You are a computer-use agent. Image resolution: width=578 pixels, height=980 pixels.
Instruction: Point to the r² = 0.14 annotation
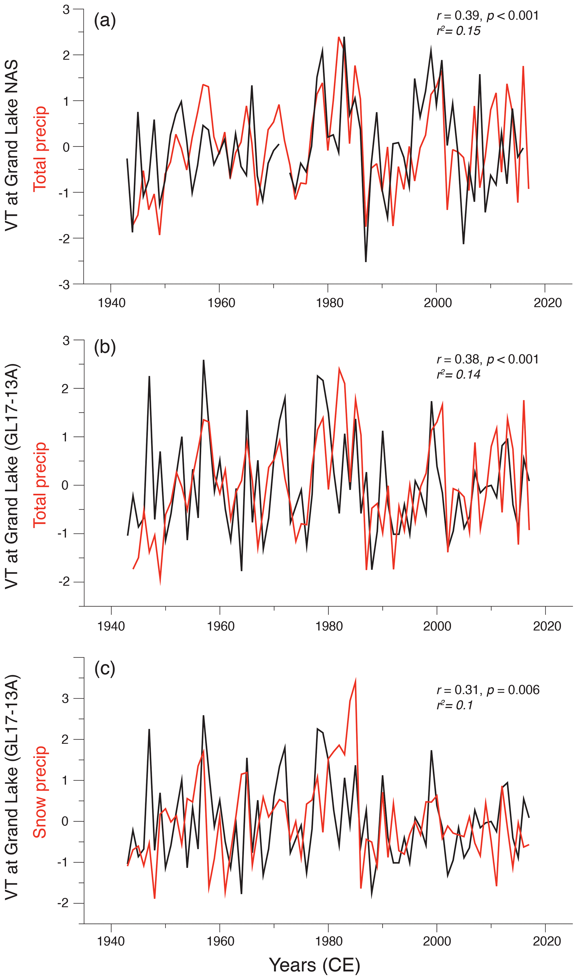458,374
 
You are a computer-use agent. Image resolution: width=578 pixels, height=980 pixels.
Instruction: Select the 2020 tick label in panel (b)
547,626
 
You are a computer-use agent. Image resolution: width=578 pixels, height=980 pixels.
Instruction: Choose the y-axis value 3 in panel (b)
66,341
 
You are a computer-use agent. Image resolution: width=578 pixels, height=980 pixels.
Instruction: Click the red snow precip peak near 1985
355,680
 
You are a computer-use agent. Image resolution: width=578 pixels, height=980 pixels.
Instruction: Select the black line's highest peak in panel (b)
204,360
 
